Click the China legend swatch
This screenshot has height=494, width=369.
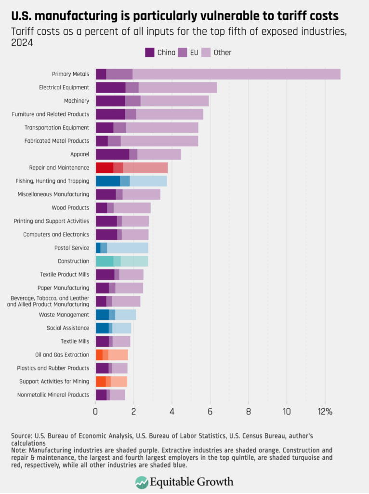(150, 53)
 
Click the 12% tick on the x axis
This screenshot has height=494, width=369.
(325, 412)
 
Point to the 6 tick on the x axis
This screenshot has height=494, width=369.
(210, 412)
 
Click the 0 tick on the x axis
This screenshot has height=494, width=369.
(95, 412)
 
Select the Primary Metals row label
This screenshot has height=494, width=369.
(70, 74)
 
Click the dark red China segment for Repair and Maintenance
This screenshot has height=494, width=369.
(105, 168)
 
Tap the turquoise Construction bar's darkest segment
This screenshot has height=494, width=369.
(104, 261)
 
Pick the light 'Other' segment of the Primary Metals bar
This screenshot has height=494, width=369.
(236, 74)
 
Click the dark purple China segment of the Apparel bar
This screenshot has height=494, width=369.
(112, 154)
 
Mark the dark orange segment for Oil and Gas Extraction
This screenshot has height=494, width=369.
(99, 355)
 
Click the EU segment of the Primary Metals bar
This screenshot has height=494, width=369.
(119, 74)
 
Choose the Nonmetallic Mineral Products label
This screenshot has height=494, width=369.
(53, 395)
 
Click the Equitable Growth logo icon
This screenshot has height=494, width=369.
(142, 482)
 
